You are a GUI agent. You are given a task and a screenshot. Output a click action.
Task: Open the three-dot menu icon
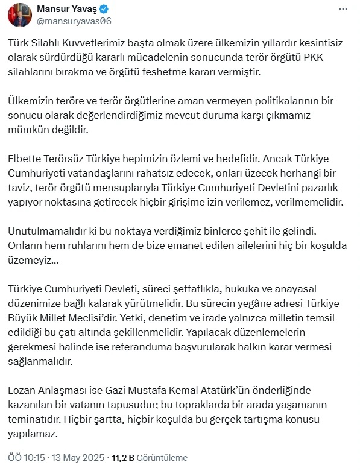point(343,10)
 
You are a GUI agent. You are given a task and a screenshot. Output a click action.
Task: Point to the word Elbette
point(25,160)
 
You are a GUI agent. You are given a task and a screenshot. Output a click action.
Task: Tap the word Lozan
point(23,391)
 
